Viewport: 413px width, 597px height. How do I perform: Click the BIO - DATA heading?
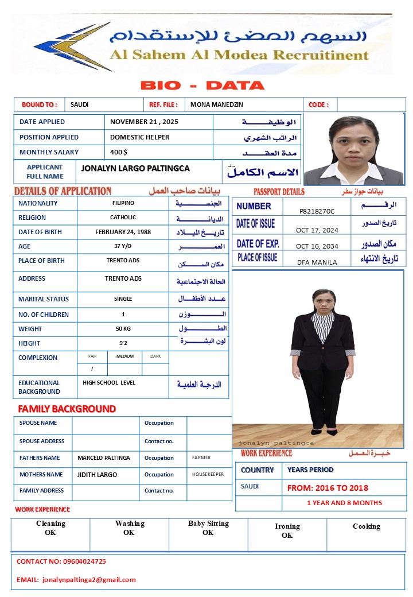(202, 86)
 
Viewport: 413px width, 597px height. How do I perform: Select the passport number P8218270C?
(317, 211)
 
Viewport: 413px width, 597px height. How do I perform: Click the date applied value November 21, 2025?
(144, 122)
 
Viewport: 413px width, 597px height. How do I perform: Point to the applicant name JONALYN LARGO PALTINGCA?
(135, 169)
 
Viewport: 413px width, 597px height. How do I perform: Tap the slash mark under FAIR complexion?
(92, 369)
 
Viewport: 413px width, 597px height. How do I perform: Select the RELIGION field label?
(32, 218)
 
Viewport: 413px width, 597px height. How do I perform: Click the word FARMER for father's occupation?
(201, 458)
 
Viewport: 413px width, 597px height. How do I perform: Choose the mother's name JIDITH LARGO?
(98, 475)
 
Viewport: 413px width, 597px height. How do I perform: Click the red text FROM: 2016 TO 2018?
(328, 488)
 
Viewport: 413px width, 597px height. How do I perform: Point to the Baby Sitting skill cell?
(208, 528)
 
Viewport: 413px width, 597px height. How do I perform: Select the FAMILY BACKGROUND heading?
(67, 409)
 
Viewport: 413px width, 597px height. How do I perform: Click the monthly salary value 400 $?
(119, 152)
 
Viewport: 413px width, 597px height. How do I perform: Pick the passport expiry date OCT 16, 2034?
(317, 246)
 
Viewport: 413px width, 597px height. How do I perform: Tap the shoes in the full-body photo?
(324, 432)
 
